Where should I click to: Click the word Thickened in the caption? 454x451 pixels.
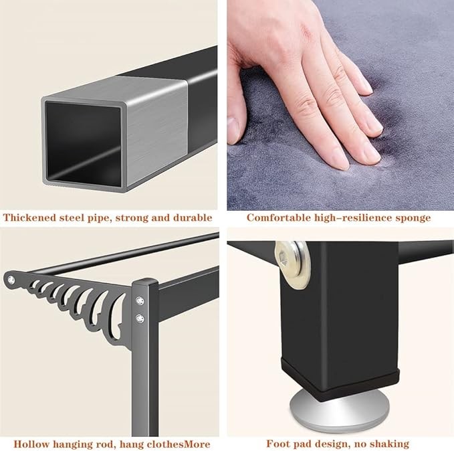[29, 217]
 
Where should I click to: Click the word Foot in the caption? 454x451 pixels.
[278, 444]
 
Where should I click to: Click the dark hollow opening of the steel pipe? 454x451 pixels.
[84, 144]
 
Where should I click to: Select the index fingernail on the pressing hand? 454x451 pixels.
[340, 159]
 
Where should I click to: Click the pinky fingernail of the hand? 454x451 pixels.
[367, 86]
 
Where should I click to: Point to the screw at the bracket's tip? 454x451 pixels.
[11, 280]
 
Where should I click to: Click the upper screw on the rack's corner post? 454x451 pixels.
[140, 301]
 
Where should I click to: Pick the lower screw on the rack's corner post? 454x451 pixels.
[140, 319]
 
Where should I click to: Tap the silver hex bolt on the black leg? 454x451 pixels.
[292, 265]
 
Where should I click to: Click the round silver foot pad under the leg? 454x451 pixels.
[336, 414]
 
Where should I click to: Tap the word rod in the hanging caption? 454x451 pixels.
[105, 444]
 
